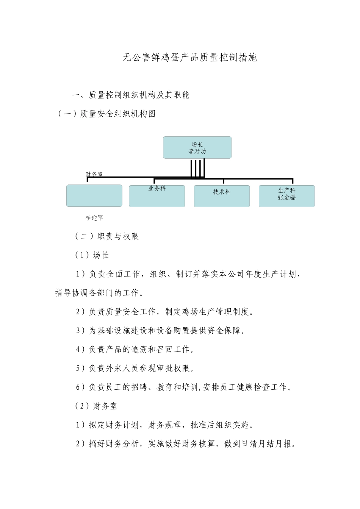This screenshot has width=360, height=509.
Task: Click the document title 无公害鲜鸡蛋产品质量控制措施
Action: (190, 58)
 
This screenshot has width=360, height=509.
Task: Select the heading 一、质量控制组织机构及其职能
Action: (131, 95)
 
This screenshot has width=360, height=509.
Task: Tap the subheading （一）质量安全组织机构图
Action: (107, 114)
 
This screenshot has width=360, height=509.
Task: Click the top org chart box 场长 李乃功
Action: (197, 148)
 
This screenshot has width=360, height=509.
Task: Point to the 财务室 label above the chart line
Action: (94, 174)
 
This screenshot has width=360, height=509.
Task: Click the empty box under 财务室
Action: (94, 196)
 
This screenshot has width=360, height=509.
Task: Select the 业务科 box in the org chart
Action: (157, 196)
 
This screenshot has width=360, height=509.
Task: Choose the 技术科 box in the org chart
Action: (222, 196)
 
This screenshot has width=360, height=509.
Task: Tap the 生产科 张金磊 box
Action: (287, 196)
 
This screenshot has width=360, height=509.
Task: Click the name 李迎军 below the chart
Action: (94, 218)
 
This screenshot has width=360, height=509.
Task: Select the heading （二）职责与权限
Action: (107, 236)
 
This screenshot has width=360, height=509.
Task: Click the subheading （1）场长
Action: (92, 255)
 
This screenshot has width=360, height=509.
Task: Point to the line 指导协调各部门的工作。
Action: (99, 293)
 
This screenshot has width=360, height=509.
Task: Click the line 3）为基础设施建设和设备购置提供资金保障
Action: (161, 331)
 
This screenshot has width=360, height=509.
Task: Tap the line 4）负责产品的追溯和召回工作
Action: (135, 350)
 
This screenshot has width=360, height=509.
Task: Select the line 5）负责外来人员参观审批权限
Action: (135, 368)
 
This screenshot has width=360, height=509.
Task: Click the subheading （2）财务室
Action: (96, 406)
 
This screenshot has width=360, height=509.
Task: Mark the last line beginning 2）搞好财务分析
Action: (186, 444)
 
